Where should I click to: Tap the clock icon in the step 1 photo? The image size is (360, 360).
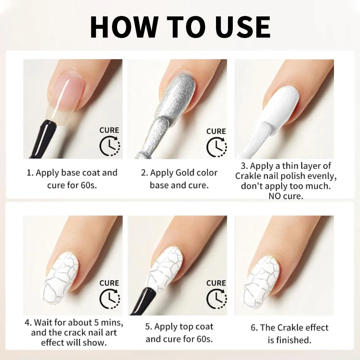point(109,146)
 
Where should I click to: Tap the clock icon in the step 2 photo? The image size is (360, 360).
point(216,147)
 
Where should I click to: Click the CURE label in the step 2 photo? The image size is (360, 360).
point(216,131)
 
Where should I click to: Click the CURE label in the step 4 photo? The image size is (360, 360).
point(109,283)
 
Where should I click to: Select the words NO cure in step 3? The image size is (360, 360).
point(286,196)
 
